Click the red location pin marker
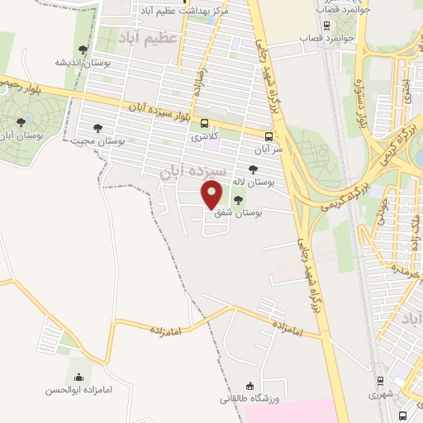click(x=212, y=193)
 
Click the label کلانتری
click(x=206, y=137)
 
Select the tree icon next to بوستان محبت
click(x=98, y=128)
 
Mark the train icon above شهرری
click(x=379, y=381)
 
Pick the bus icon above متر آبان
click(x=269, y=137)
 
